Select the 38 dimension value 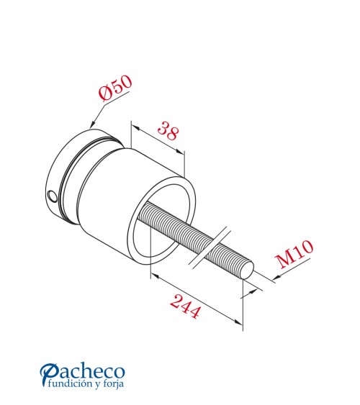coord(168,132)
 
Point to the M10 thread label coord(294,255)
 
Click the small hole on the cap coord(51,196)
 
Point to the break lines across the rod coord(210,248)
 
